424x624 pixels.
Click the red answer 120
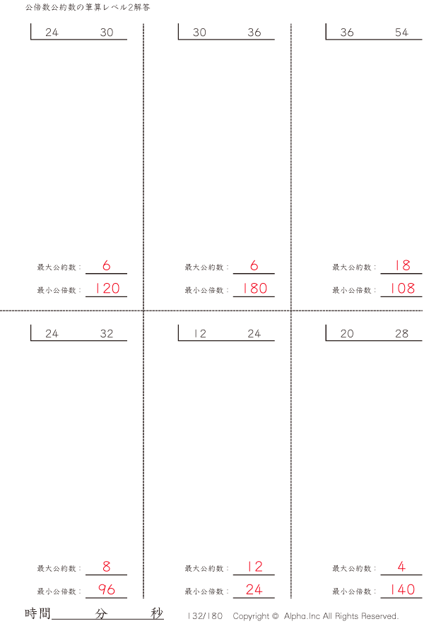(107, 288)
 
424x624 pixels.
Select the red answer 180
(254, 288)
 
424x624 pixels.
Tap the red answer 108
(403, 288)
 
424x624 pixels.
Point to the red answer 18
(402, 265)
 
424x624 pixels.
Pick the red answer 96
(107, 589)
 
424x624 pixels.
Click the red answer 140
(403, 589)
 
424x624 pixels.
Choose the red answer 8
(107, 566)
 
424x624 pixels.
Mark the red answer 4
(401, 566)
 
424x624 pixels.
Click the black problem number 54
(401, 33)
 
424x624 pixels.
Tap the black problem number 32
(107, 333)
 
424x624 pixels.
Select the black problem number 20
(347, 333)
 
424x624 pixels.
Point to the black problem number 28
(401, 333)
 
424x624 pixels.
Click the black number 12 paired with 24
(200, 333)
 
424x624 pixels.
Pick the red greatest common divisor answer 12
(254, 566)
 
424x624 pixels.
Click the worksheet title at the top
(88, 7)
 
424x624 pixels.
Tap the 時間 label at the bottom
(37, 613)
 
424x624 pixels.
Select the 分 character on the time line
(101, 613)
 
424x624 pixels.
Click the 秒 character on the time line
(157, 613)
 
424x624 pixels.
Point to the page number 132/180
(205, 616)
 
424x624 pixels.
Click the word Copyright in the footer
(251, 616)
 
